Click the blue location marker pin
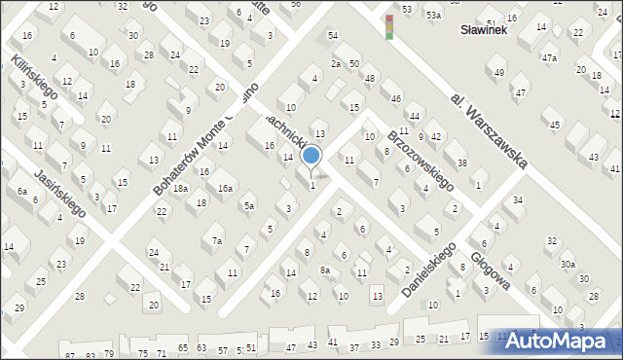[x=311, y=157]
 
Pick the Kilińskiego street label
[x=35, y=80]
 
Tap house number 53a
[x=432, y=16]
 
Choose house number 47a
[x=550, y=58]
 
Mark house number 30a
[x=568, y=264]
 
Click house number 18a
[x=180, y=188]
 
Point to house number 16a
[x=225, y=188]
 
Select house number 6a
[x=20, y=192]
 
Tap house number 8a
[x=325, y=270]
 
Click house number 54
[x=332, y=35]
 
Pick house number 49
[x=499, y=73]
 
